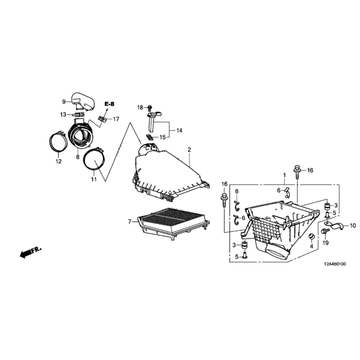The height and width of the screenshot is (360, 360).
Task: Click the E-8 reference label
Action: pyautogui.click(x=109, y=104)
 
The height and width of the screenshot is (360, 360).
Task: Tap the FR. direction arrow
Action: pyautogui.click(x=30, y=252)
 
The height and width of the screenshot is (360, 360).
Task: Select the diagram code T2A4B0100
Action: pyautogui.click(x=335, y=264)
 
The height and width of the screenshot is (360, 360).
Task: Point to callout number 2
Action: pyautogui.click(x=189, y=150)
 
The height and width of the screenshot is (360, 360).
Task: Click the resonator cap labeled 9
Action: pyautogui.click(x=83, y=101)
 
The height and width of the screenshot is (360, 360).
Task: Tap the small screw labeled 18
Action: pyautogui.click(x=150, y=107)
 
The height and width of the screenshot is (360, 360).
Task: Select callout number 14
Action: pyautogui.click(x=179, y=130)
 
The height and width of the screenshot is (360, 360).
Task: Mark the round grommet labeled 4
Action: pyautogui.click(x=312, y=236)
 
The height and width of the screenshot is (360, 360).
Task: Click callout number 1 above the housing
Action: pyautogui.click(x=285, y=175)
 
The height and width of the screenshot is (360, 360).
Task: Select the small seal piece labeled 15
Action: pyautogui.click(x=150, y=137)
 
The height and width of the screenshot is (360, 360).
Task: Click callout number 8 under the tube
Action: pyautogui.click(x=78, y=157)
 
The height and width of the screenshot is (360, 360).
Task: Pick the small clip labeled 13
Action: pyautogui.click(x=79, y=114)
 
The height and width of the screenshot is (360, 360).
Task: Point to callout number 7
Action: pyautogui.click(x=129, y=222)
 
